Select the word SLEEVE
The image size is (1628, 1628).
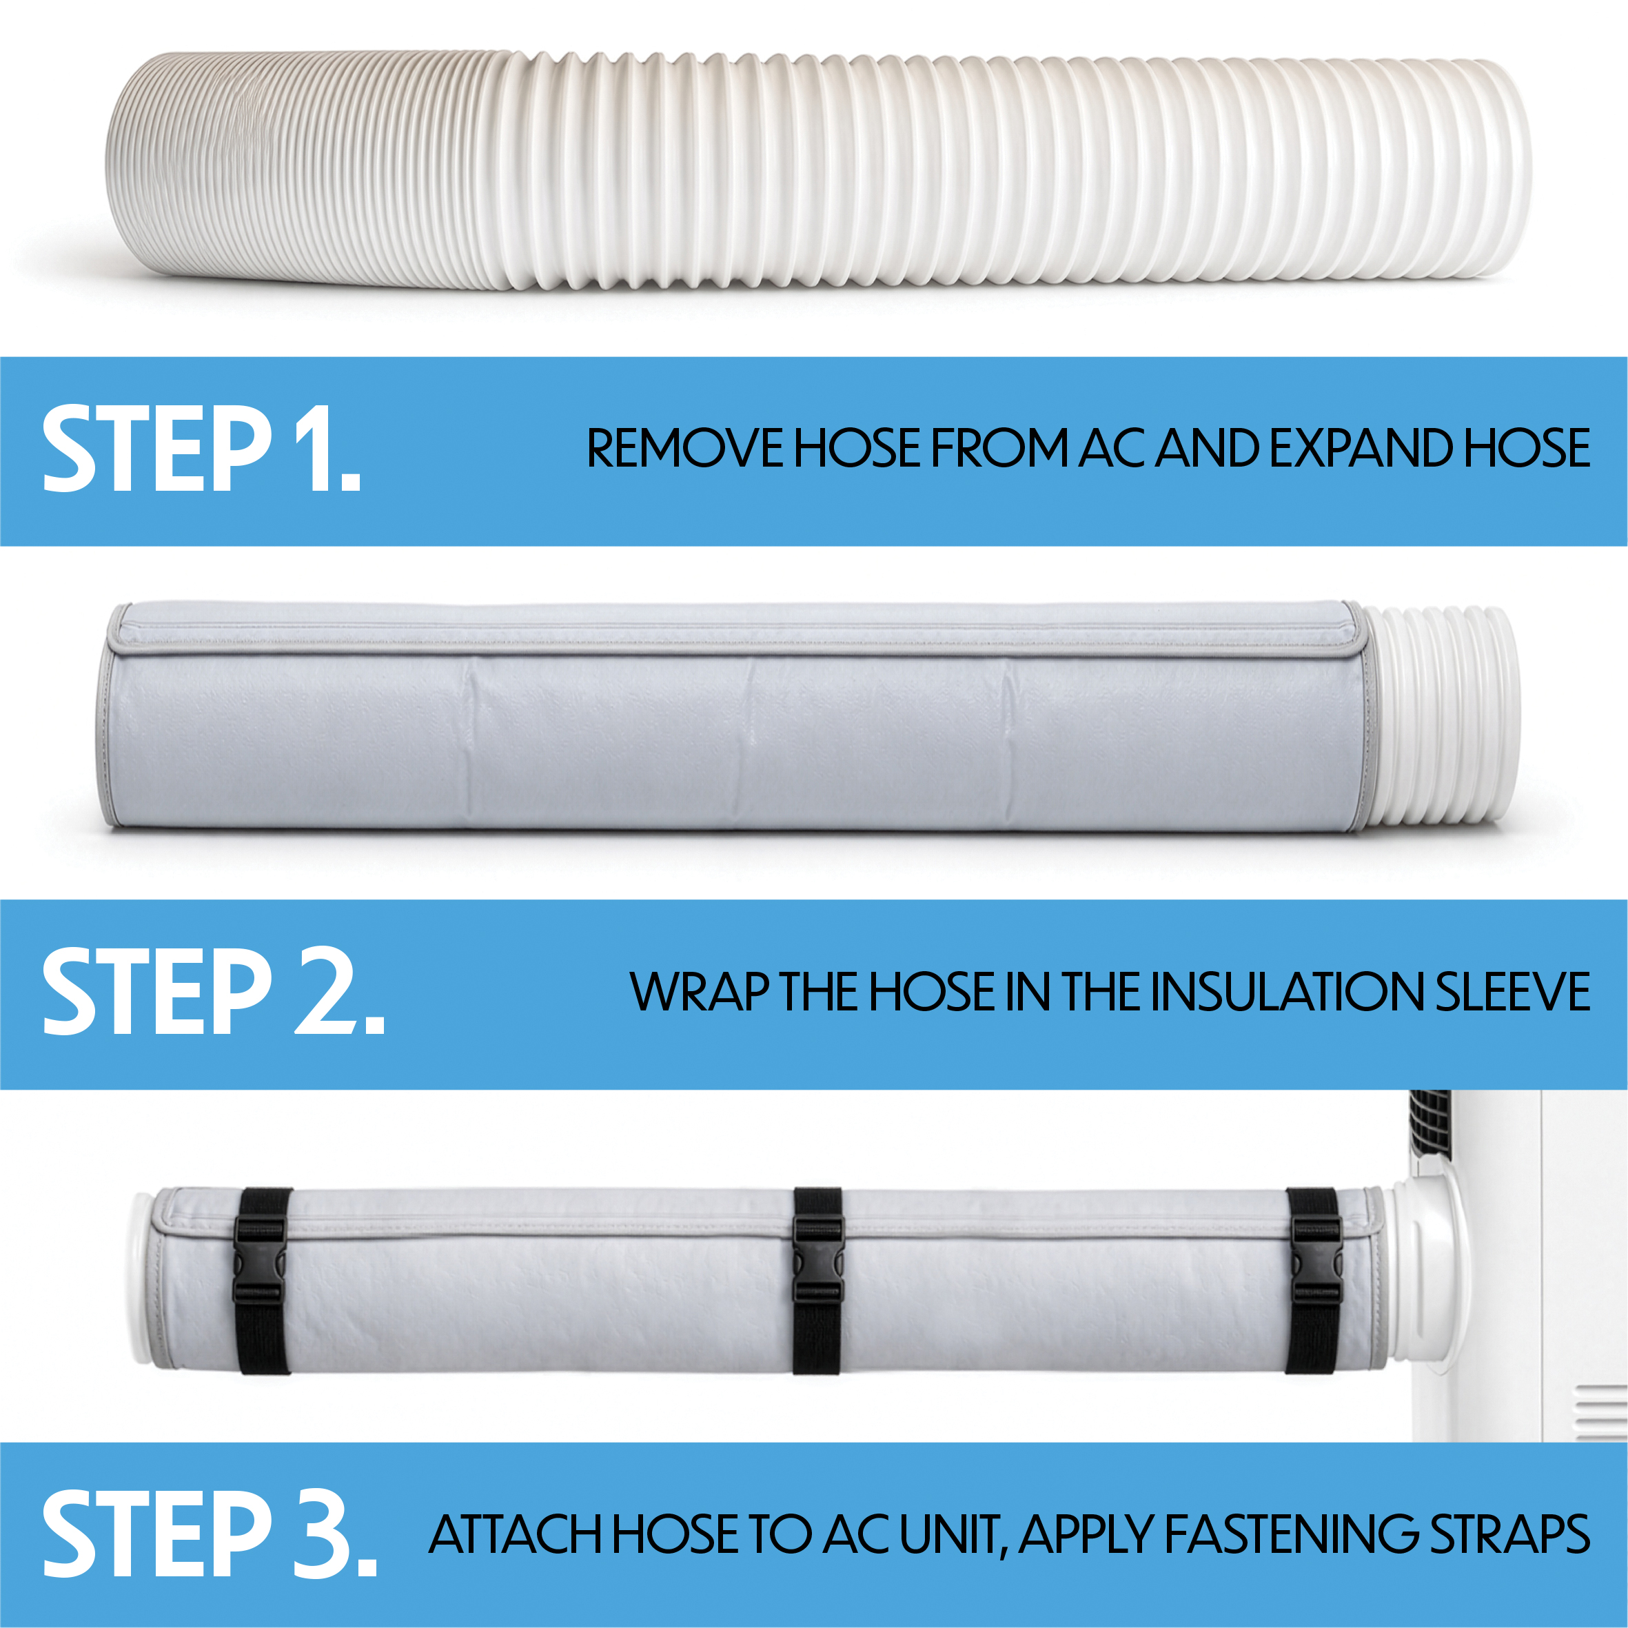(x=1513, y=991)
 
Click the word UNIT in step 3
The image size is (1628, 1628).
(x=953, y=1536)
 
